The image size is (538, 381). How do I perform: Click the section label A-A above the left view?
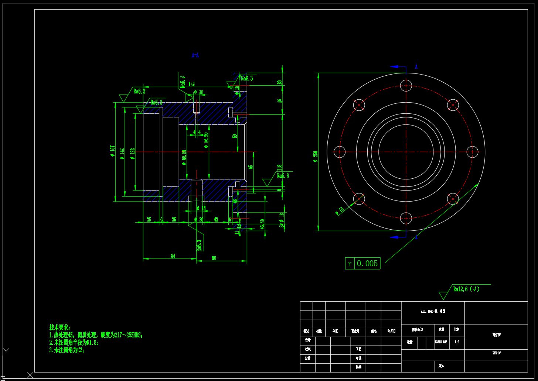(x=195, y=55)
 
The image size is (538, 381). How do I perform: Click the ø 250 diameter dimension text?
(x=315, y=157)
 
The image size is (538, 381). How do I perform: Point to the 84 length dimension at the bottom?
(x=173, y=256)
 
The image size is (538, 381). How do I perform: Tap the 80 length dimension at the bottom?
(x=214, y=258)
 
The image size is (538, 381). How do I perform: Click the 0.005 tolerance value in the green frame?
(x=367, y=263)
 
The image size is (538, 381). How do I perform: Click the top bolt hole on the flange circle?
(x=406, y=86)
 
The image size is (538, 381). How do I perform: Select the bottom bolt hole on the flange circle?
(x=406, y=218)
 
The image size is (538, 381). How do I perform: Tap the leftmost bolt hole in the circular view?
(x=340, y=152)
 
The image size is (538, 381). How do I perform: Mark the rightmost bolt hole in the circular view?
(x=473, y=152)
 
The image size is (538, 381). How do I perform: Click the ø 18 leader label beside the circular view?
(x=339, y=211)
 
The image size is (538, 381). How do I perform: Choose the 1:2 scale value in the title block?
(x=457, y=342)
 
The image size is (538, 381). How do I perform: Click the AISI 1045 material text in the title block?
(x=433, y=311)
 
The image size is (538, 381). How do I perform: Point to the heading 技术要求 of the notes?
(x=59, y=327)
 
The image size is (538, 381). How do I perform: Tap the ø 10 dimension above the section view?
(x=199, y=92)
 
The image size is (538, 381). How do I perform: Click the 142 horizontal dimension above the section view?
(x=192, y=84)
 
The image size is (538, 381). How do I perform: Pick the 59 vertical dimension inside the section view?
(x=234, y=136)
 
